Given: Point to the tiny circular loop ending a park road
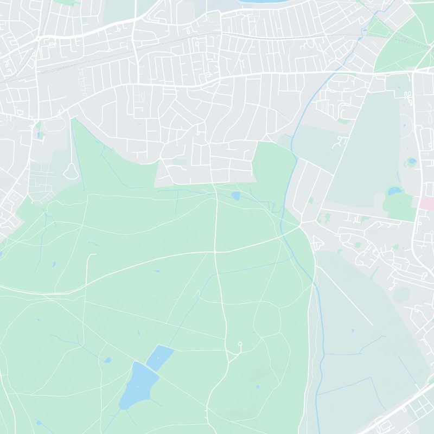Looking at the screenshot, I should (240, 343).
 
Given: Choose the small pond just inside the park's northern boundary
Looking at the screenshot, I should (235, 195).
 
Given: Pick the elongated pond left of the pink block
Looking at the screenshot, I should (395, 191).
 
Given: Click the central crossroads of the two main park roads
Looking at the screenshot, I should (215, 251).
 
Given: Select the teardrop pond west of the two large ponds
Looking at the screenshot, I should (107, 360).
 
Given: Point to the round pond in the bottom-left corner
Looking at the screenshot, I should (38, 422).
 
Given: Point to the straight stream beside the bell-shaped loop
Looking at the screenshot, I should (76, 157).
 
